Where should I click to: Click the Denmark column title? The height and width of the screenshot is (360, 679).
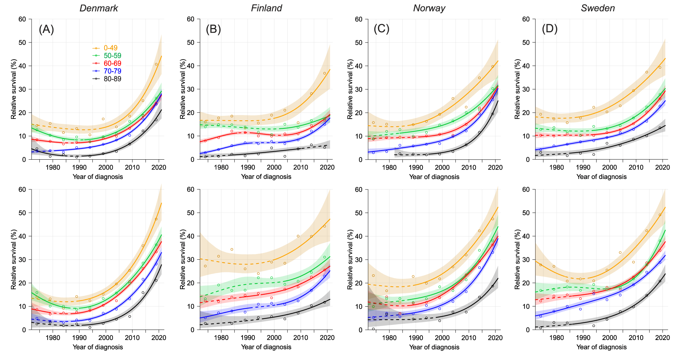pos(99,8)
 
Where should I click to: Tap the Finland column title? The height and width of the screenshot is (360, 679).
pos(266,8)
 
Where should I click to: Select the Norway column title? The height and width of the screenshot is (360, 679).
pos(429,8)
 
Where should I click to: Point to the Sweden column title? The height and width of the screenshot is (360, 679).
pos(598,8)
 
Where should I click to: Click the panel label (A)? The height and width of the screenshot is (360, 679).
pos(46,29)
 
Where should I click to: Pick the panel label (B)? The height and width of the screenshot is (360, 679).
pos(213,29)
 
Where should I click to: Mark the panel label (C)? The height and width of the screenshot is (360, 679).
pos(382,29)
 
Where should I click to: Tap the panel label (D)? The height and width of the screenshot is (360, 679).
pos(550,29)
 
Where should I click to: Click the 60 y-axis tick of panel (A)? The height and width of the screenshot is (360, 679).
pos(22,19)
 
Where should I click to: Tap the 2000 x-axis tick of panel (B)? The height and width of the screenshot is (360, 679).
pos(274,167)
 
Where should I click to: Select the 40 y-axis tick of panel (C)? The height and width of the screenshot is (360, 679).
pos(359,66)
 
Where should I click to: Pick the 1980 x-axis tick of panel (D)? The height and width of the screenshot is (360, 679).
pos(557,167)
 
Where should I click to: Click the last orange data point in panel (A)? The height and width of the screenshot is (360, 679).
pos(156,64)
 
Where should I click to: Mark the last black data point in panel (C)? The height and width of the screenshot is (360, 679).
pos(493,114)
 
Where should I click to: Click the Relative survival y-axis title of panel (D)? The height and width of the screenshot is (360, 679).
pos(518,89)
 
